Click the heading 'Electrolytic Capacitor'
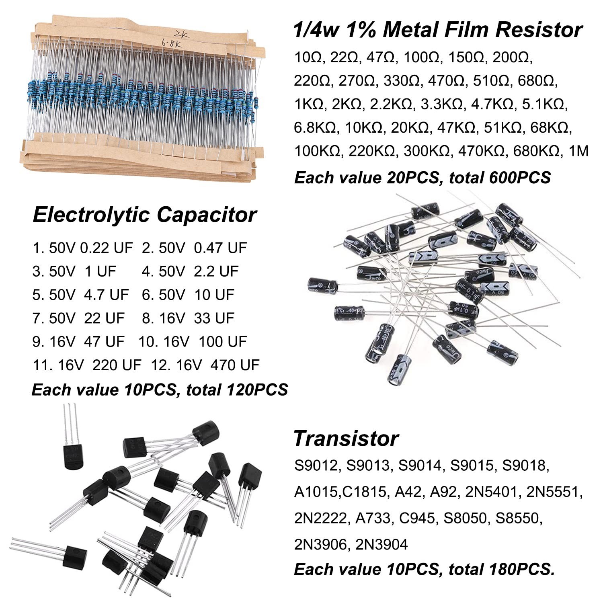point(144,215)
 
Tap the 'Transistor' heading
point(346,438)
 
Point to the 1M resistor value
point(579,152)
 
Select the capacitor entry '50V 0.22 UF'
point(90,248)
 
